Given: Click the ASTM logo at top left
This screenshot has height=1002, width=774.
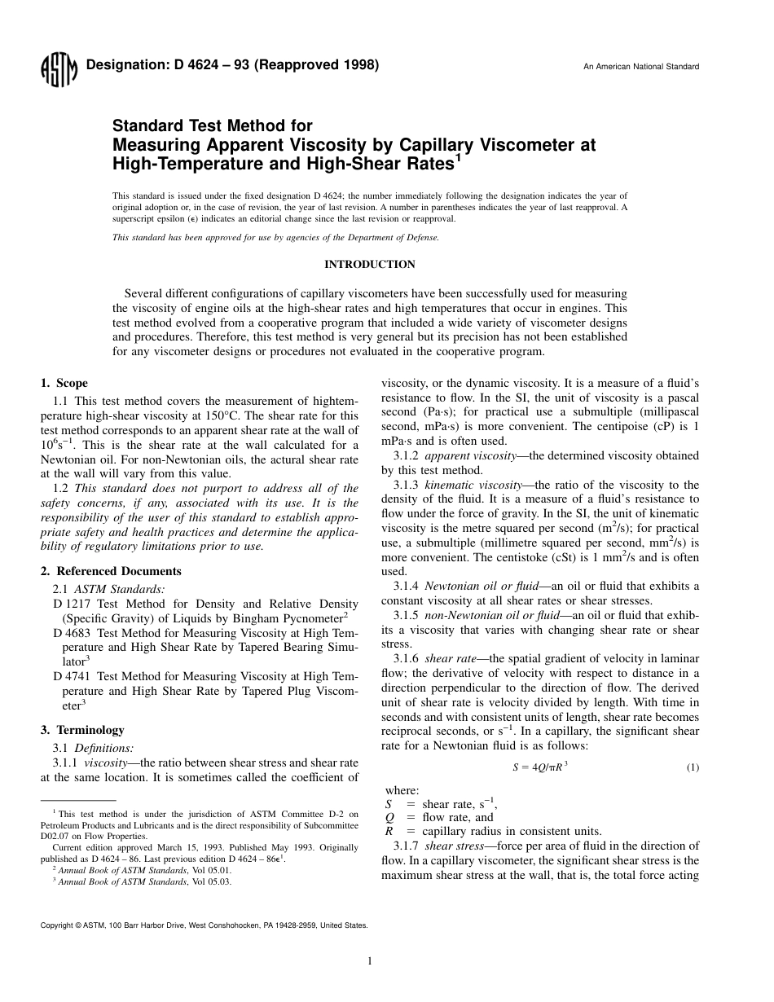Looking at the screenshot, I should pyautogui.click(x=58, y=70).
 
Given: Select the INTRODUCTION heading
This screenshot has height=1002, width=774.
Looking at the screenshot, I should pyautogui.click(x=369, y=265).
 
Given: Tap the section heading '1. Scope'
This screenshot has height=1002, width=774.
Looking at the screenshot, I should pyautogui.click(x=64, y=383).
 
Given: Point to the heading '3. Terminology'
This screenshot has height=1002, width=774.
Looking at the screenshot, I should pyautogui.click(x=82, y=730).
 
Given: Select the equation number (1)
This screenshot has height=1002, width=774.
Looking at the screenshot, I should pyautogui.click(x=692, y=767).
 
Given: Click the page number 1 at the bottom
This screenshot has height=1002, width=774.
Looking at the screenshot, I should pyautogui.click(x=370, y=961).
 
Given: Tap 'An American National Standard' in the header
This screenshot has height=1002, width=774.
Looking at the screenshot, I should pyautogui.click(x=640, y=67).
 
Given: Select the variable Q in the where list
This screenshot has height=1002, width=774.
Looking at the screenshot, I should pyautogui.click(x=389, y=817).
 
